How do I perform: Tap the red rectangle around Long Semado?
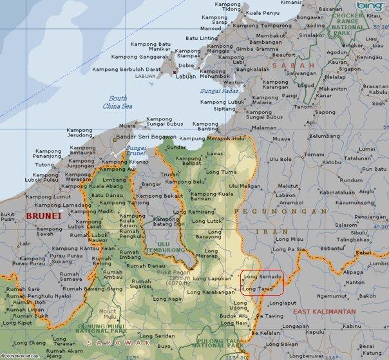pyautogui.click(x=261, y=282)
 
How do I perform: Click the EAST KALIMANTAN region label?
pyautogui.click(x=325, y=312)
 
